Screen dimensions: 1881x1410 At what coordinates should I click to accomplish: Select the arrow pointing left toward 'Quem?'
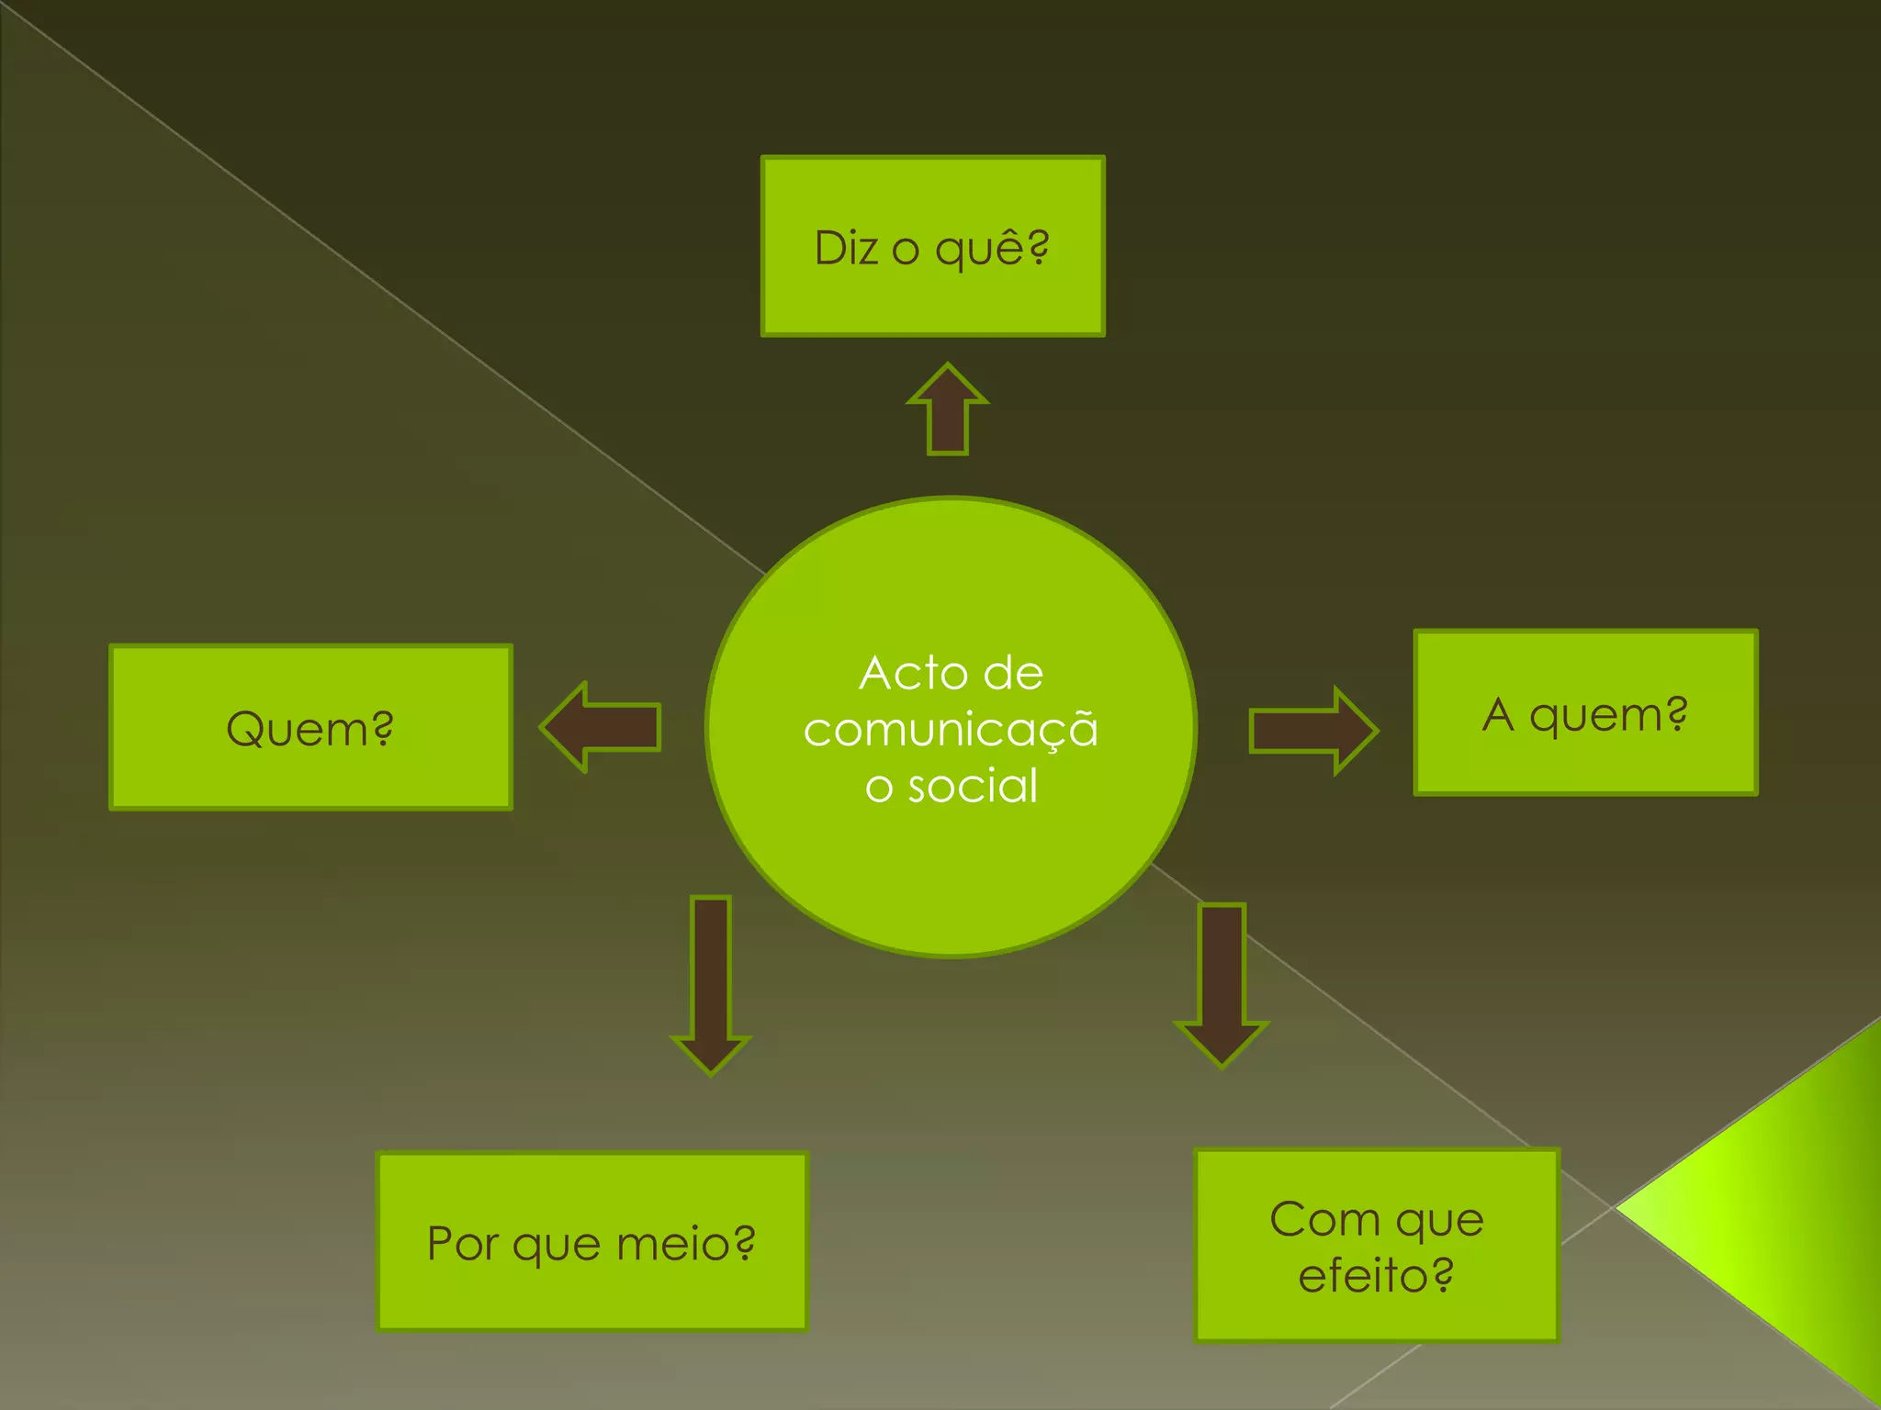(602, 727)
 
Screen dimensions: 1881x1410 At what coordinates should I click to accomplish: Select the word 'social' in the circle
(973, 787)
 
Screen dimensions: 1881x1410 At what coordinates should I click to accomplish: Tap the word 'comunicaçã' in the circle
(951, 730)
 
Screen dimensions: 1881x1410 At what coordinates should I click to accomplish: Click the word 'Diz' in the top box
(847, 248)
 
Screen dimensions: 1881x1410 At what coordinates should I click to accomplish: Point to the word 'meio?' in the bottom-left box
(685, 1244)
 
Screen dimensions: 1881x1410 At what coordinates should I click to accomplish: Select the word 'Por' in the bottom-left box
(462, 1244)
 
